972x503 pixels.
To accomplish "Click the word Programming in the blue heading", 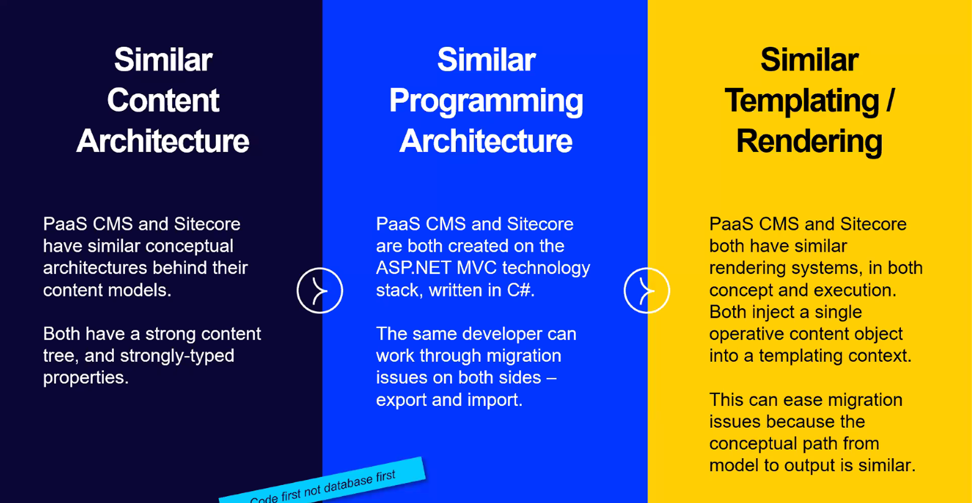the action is pos(486,101).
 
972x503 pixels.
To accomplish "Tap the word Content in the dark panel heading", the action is pos(163,100).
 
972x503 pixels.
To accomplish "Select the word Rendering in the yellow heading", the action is pos(809,142).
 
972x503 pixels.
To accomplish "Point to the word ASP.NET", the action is pos(414,268).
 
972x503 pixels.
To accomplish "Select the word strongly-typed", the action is pos(177,356).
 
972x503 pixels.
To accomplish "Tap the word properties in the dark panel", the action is pos(86,378).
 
